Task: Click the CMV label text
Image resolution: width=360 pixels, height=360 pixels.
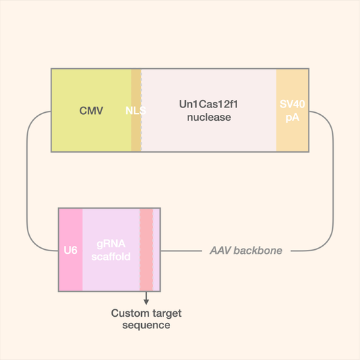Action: [91, 111]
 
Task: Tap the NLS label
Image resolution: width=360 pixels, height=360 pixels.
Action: [136, 111]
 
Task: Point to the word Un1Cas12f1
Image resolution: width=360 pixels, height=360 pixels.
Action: [209, 105]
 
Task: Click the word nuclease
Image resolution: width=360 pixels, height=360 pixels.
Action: [209, 118]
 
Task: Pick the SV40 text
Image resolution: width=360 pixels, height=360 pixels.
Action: [292, 105]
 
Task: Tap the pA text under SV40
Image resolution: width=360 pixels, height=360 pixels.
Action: [292, 117]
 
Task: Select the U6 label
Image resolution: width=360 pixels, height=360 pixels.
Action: [71, 251]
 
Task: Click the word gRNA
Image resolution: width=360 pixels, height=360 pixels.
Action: [111, 244]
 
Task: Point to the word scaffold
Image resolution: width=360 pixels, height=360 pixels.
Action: [111, 257]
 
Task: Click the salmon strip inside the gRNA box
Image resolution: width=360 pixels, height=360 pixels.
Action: [146, 250]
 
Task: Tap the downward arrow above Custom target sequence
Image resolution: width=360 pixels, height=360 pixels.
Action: [146, 298]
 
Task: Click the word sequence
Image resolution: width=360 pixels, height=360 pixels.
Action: [146, 326]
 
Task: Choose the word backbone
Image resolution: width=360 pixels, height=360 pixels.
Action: [260, 251]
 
